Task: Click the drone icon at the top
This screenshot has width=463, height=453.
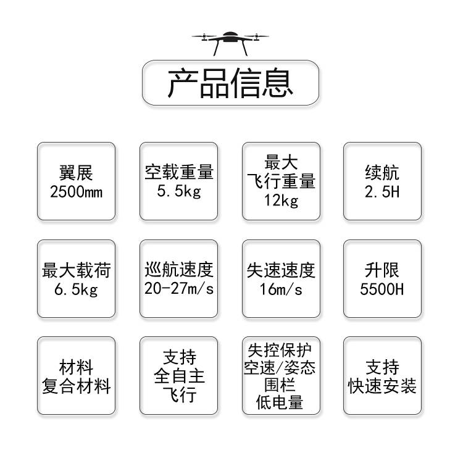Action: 230,41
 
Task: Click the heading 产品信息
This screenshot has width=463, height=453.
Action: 230,83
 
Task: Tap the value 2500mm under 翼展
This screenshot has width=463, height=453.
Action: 76,191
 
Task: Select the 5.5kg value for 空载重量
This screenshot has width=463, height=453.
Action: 178,191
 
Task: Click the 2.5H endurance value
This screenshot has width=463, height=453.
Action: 382,191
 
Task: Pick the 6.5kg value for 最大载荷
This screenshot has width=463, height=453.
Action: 76,289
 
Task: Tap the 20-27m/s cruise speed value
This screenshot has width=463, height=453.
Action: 178,289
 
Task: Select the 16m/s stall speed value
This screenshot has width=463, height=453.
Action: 281,289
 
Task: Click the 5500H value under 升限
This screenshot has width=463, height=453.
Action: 382,289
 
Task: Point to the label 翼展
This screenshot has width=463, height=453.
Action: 76,172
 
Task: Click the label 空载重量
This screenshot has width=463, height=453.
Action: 178,172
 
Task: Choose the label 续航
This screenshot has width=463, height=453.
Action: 382,172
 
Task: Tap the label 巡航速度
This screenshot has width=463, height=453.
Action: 178,270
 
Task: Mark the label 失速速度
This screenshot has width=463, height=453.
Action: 281,270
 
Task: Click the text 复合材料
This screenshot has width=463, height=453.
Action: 76,386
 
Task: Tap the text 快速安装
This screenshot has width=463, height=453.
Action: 382,386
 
